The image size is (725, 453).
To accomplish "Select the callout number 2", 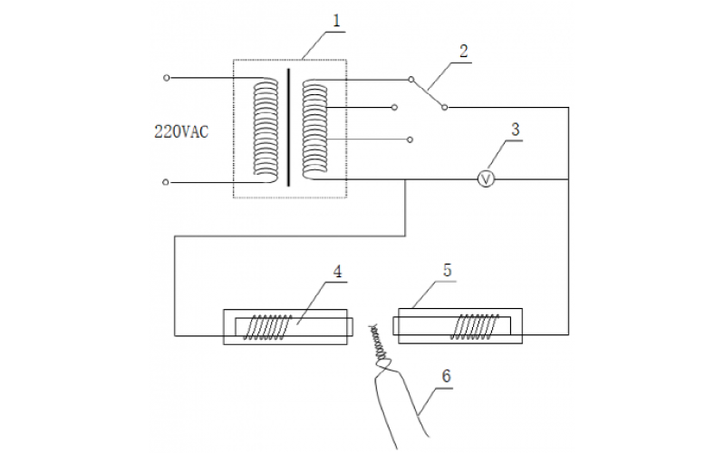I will pos(463,50).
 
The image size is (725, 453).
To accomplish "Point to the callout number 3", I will pos(515,128).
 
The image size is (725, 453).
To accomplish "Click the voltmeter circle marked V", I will pos(486,179).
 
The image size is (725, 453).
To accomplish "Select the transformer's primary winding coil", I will pos(266,130).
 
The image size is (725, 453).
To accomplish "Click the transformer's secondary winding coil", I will pos(314,130).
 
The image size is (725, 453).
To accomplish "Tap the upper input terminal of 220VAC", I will pos(165,78).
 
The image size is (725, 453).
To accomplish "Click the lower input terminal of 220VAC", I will pos(165,182).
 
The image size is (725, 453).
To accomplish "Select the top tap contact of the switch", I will pos(410,79).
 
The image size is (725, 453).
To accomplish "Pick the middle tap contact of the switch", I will pos(395,107).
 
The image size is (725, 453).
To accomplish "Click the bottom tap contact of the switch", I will pos(410,140).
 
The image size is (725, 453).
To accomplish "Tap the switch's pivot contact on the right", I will pos(445,107).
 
